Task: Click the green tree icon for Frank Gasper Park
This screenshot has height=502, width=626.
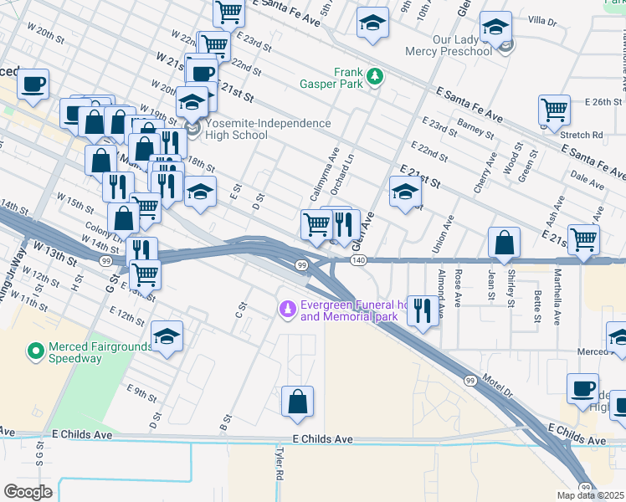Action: tap(377, 76)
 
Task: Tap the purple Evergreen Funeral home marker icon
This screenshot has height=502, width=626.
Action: tap(288, 310)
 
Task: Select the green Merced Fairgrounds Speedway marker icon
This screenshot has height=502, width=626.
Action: tap(35, 351)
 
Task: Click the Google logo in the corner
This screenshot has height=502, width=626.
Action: tap(28, 491)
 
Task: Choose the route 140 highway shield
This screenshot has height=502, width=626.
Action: tap(358, 261)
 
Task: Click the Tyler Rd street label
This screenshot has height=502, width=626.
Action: tap(278, 462)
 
